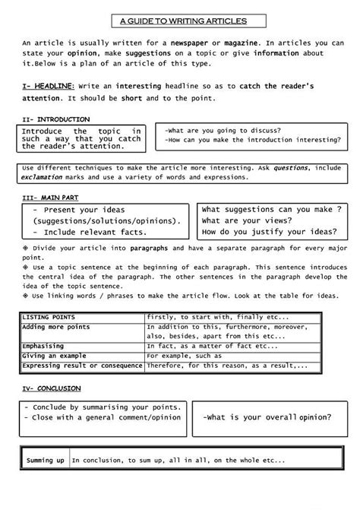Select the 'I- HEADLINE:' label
pyautogui.click(x=48, y=87)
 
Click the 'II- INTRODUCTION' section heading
pyautogui.click(x=55, y=119)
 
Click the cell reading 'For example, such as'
pyautogui.click(x=185, y=355)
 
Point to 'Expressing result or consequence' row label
pyautogui.click(x=82, y=365)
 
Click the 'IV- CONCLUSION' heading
pyautogui.click(x=49, y=388)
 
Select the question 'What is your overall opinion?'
pyautogui.click(x=267, y=418)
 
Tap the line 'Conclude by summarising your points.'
pyautogui.click(x=102, y=407)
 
